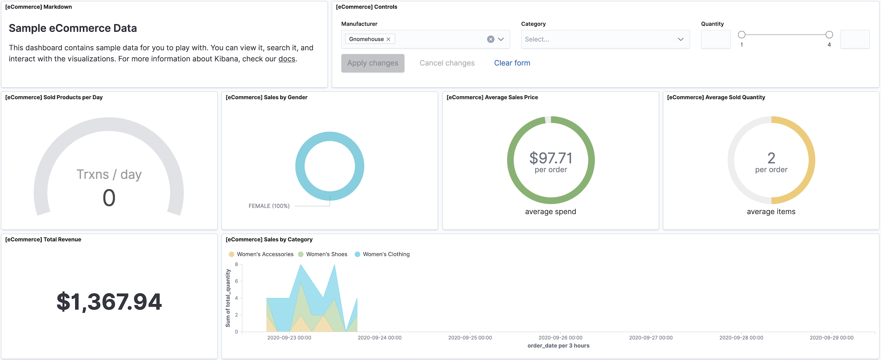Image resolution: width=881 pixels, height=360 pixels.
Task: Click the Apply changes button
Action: pos(373,63)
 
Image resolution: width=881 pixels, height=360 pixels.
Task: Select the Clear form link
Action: pos(512,63)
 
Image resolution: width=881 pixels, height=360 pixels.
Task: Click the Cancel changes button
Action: pos(447,63)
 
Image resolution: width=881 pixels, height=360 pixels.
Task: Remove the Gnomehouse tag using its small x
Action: pos(388,39)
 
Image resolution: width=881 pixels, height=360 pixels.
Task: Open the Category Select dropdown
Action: pos(605,39)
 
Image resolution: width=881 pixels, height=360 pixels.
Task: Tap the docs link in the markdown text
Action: pos(287,59)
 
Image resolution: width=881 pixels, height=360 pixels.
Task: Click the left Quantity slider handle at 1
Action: pos(742,35)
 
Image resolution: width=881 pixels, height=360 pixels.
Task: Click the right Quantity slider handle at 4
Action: pos(829,35)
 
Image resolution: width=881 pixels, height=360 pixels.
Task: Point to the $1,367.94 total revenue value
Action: pos(109,301)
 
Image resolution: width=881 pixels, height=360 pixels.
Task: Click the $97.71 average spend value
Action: pos(551,158)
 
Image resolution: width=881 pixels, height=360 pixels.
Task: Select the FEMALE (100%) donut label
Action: pos(269,206)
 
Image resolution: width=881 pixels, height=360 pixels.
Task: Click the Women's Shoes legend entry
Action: pos(326,254)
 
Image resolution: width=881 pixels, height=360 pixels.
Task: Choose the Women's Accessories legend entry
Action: pos(265,254)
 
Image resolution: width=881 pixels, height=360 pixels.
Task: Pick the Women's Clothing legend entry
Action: pos(386,254)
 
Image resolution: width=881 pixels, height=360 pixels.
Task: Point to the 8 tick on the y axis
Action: pos(237,264)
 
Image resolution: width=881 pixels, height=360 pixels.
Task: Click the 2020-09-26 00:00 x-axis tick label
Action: pos(560,338)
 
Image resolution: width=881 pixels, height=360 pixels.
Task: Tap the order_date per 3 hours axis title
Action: pos(558,346)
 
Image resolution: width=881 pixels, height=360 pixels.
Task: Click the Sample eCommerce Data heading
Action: pos(73,28)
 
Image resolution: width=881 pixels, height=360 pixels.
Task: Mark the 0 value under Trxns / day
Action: pos(109,198)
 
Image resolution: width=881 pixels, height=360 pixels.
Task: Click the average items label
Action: pos(771,212)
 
